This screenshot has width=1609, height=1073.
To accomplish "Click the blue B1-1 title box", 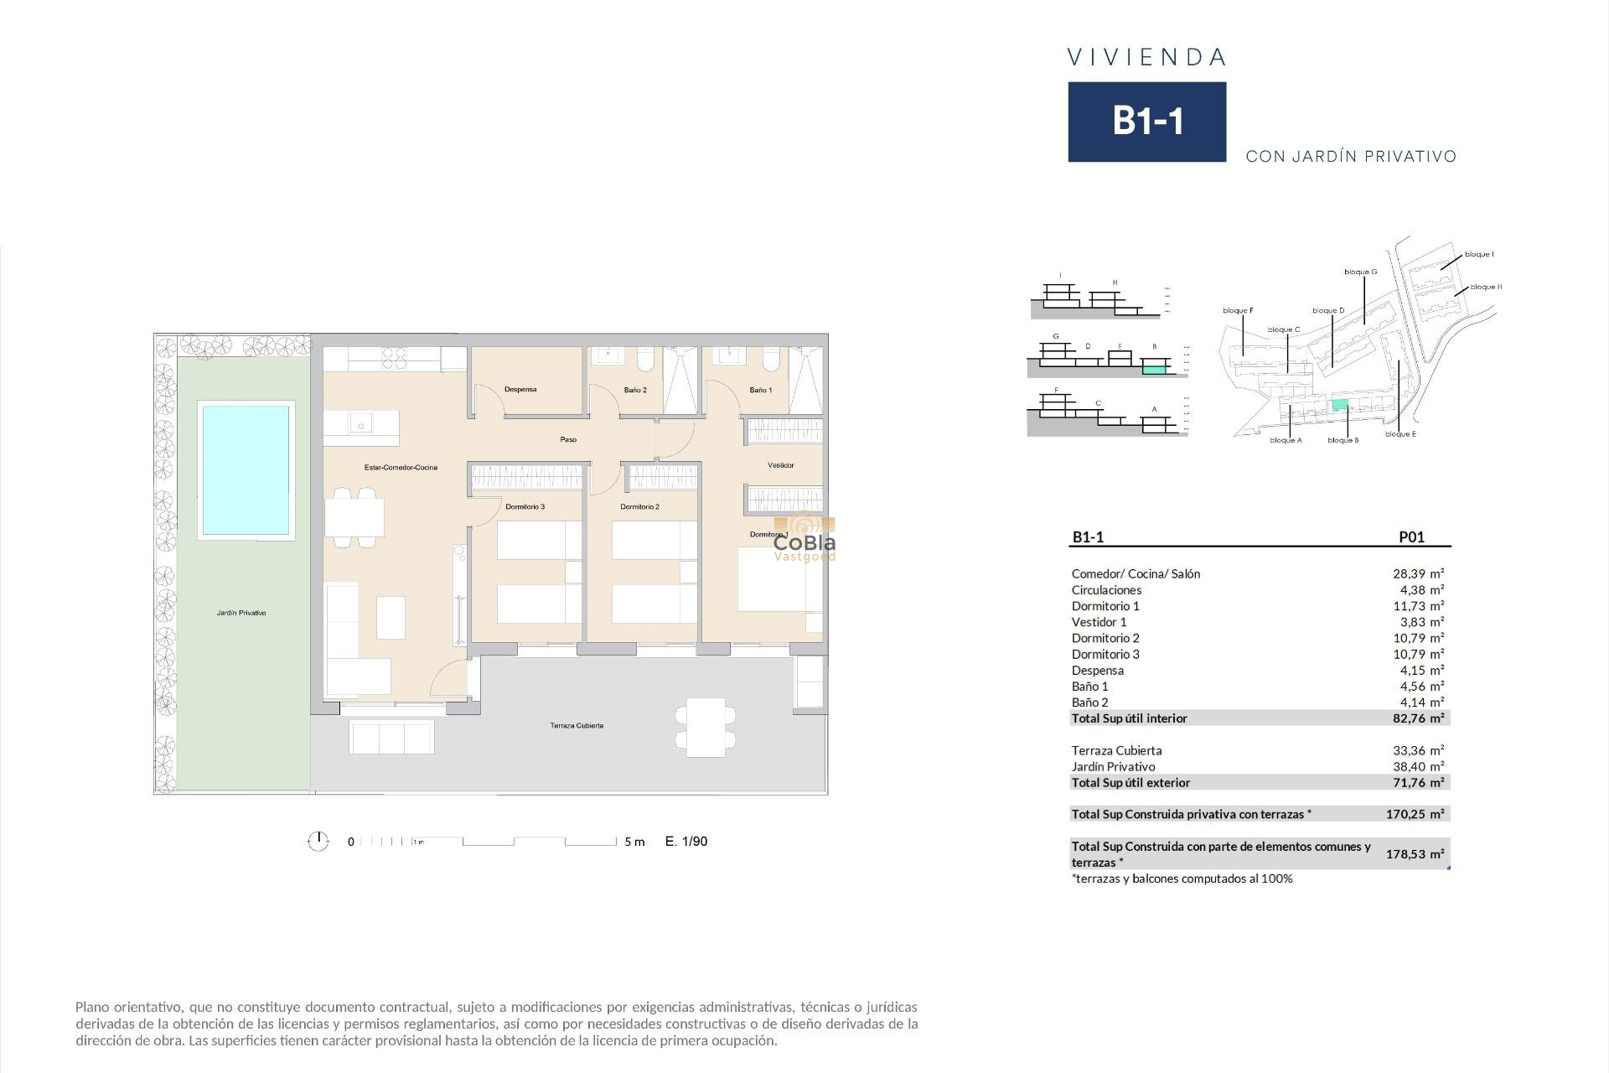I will coord(1146,122).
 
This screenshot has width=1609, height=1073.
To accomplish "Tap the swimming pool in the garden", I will coord(246,469).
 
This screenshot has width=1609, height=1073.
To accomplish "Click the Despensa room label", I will coord(520,390).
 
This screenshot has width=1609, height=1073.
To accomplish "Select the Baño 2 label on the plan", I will coord(635,391).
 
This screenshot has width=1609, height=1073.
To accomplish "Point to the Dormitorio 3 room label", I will coord(525,507).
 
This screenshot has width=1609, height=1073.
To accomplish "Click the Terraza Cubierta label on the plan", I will coord(577,726).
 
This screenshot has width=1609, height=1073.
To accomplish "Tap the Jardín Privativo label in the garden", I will coord(241,614).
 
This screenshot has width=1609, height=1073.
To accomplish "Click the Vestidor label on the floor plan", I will coord(780,465).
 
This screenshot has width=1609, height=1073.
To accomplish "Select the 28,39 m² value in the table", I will coord(1418,574).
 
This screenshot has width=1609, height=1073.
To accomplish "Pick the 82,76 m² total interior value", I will coord(1418,718).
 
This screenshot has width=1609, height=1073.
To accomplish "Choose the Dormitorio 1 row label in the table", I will coord(1105,606).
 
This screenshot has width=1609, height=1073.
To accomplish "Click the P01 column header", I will coord(1411,537).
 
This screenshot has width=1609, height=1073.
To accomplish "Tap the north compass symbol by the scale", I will coord(318,842).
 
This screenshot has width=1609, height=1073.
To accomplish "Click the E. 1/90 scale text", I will coord(686,842).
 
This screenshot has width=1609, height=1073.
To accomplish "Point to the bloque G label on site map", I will coord(1360,272).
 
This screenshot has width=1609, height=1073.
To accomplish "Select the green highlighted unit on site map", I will coord(1340,405).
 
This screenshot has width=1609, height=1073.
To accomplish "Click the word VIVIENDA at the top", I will coord(1146,58).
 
